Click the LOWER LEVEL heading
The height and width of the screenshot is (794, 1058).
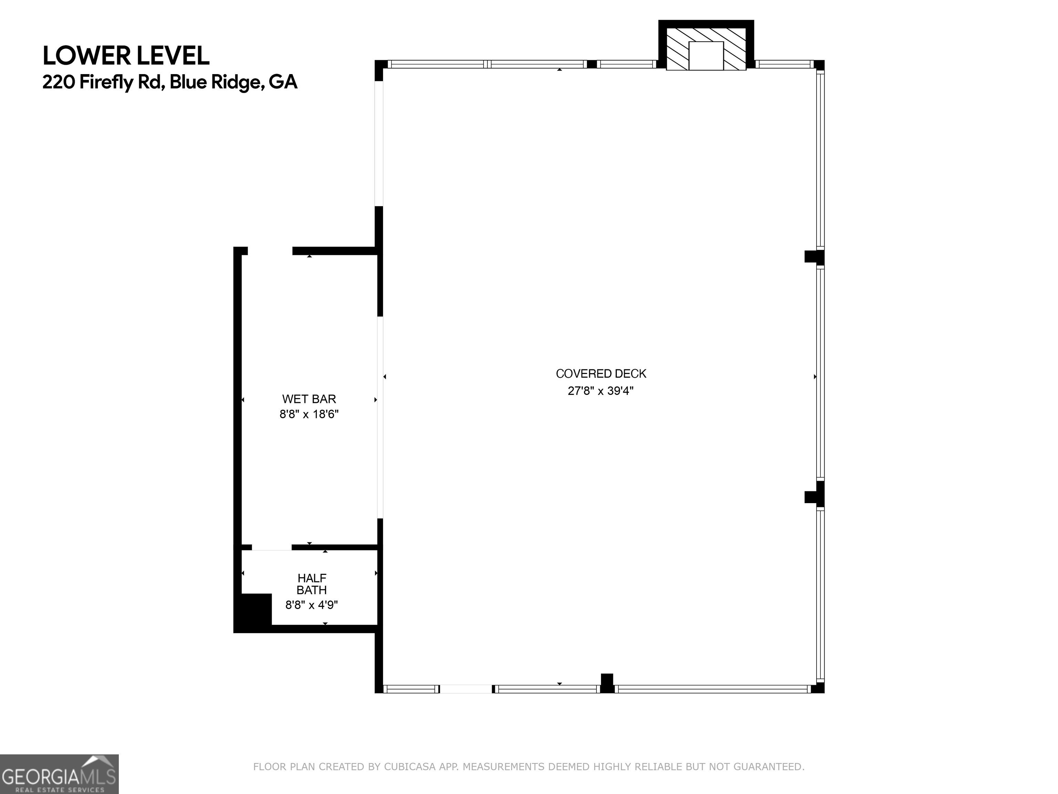pos(126,56)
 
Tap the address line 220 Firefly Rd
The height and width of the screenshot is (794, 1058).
pos(170,82)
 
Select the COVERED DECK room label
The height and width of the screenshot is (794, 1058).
pos(601,373)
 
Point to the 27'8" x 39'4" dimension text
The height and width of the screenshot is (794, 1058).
pos(600,390)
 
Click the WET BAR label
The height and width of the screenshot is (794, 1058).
pos(309,399)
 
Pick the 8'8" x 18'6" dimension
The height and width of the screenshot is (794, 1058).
pos(309,414)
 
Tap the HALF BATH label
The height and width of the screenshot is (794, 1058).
pos(312,584)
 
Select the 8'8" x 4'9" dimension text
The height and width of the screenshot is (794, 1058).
pos(311,605)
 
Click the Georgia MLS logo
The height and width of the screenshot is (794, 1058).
pos(59,774)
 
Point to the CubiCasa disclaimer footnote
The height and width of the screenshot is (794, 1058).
pos(529,766)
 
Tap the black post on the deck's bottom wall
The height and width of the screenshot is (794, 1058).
pos(607,683)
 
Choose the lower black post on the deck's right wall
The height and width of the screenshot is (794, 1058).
pos(814,497)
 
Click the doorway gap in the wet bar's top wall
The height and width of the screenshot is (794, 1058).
pos(270,251)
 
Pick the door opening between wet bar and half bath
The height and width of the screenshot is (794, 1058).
pos(272,547)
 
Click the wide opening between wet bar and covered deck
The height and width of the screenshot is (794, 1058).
pos(380,417)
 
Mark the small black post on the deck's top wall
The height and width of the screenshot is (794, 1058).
pos(592,64)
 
